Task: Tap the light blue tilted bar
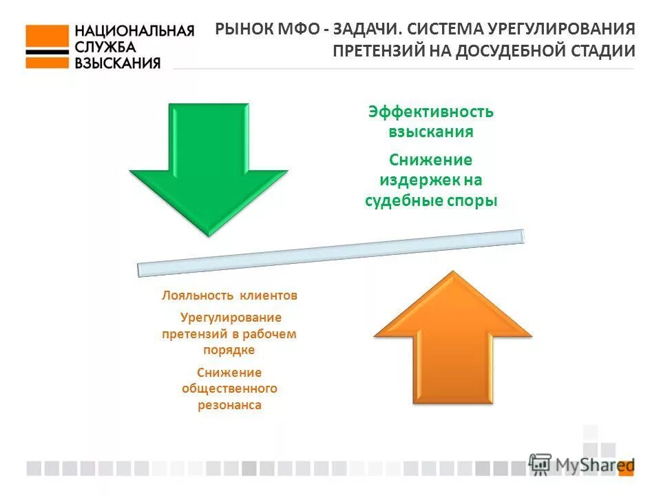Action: coord(330,254)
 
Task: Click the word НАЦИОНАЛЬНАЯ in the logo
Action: coord(134,31)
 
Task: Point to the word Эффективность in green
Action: coord(430,112)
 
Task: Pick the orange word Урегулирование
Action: coord(231,318)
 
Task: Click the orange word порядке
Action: coord(229,350)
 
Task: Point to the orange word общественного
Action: coord(229,389)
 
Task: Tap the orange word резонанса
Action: coord(229,405)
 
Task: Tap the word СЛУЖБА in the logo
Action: coord(105,47)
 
